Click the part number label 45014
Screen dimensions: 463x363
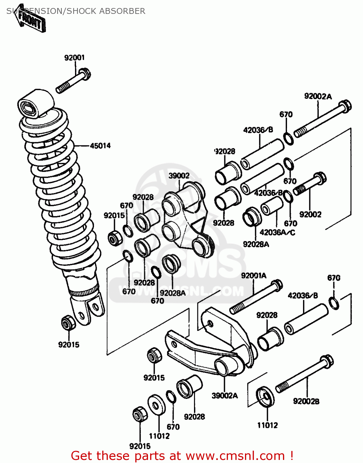pyautogui.click(x=100, y=146)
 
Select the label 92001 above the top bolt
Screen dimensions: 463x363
pyautogui.click(x=74, y=58)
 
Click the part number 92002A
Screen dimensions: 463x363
pyautogui.click(x=318, y=97)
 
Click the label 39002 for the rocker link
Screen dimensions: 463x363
pyautogui.click(x=179, y=176)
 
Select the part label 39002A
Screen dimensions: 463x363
pyautogui.click(x=225, y=396)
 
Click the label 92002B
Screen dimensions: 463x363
pyautogui.click(x=306, y=401)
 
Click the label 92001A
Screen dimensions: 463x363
pyautogui.click(x=254, y=276)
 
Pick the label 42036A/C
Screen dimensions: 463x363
pyautogui.click(x=277, y=232)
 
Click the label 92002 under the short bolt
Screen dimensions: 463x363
pyautogui.click(x=310, y=214)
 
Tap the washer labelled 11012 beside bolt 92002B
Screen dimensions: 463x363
pyautogui.click(x=265, y=397)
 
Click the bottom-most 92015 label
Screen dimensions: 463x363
pyautogui.click(x=140, y=446)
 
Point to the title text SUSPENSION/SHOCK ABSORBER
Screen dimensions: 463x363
pyautogui.click(x=76, y=11)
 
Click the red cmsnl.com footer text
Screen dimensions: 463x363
pyautogui.click(x=182, y=456)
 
